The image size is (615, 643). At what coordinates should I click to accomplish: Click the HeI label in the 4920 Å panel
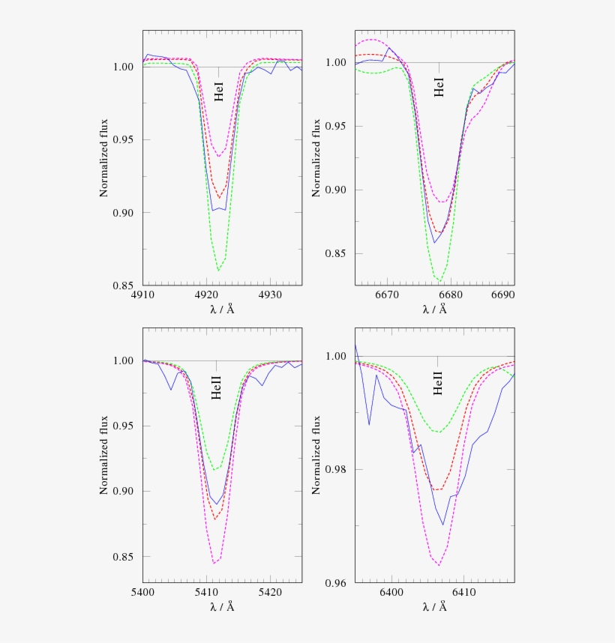click(x=219, y=95)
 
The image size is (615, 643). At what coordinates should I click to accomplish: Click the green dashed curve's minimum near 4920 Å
click(x=218, y=271)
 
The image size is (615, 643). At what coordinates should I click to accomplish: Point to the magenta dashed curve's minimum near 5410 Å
click(x=214, y=563)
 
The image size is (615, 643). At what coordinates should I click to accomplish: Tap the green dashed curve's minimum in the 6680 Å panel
click(x=440, y=283)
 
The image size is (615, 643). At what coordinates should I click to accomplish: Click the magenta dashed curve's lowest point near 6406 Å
click(x=439, y=565)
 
